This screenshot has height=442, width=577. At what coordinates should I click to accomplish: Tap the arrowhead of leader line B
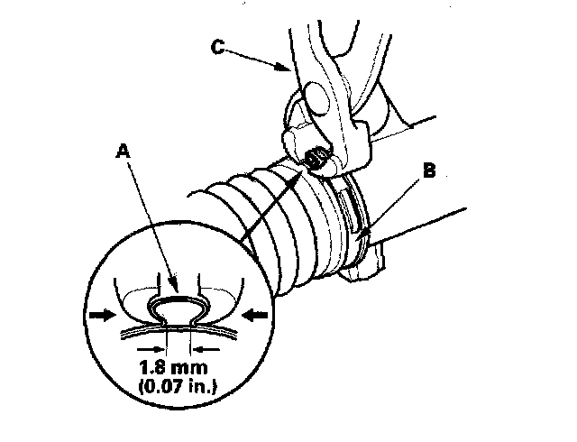click(x=364, y=236)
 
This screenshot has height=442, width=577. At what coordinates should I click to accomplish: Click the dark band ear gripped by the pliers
click(x=316, y=159)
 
